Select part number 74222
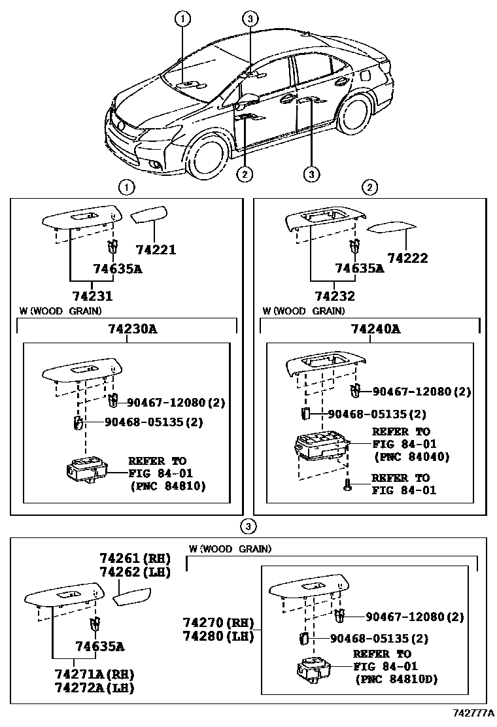click(x=407, y=258)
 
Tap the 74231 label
click(x=93, y=296)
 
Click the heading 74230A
click(x=133, y=329)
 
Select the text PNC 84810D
click(x=396, y=680)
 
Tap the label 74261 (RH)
click(x=135, y=558)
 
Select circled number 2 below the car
click(x=244, y=174)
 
